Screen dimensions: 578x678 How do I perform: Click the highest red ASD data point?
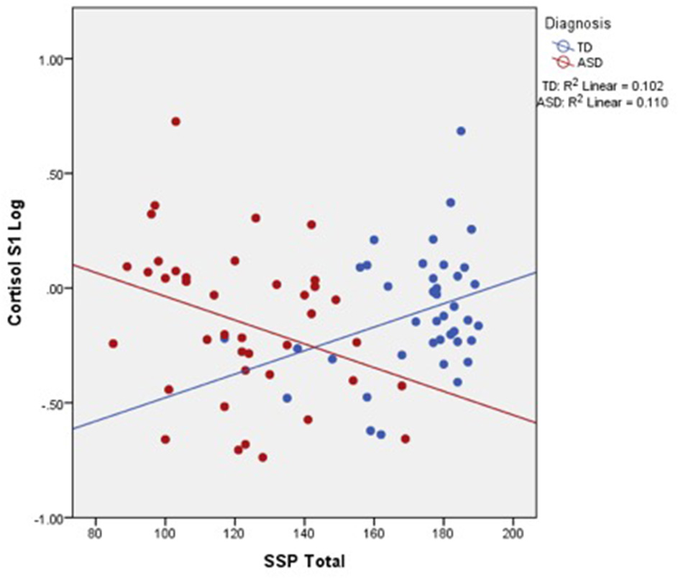pyautogui.click(x=175, y=122)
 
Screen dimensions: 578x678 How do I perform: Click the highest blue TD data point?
pyautogui.click(x=461, y=131)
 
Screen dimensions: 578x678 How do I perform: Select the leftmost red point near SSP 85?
pyautogui.click(x=113, y=344)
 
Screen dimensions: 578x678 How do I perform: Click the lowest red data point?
pyautogui.click(x=262, y=457)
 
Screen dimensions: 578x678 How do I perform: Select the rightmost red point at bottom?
pyautogui.click(x=406, y=438)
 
